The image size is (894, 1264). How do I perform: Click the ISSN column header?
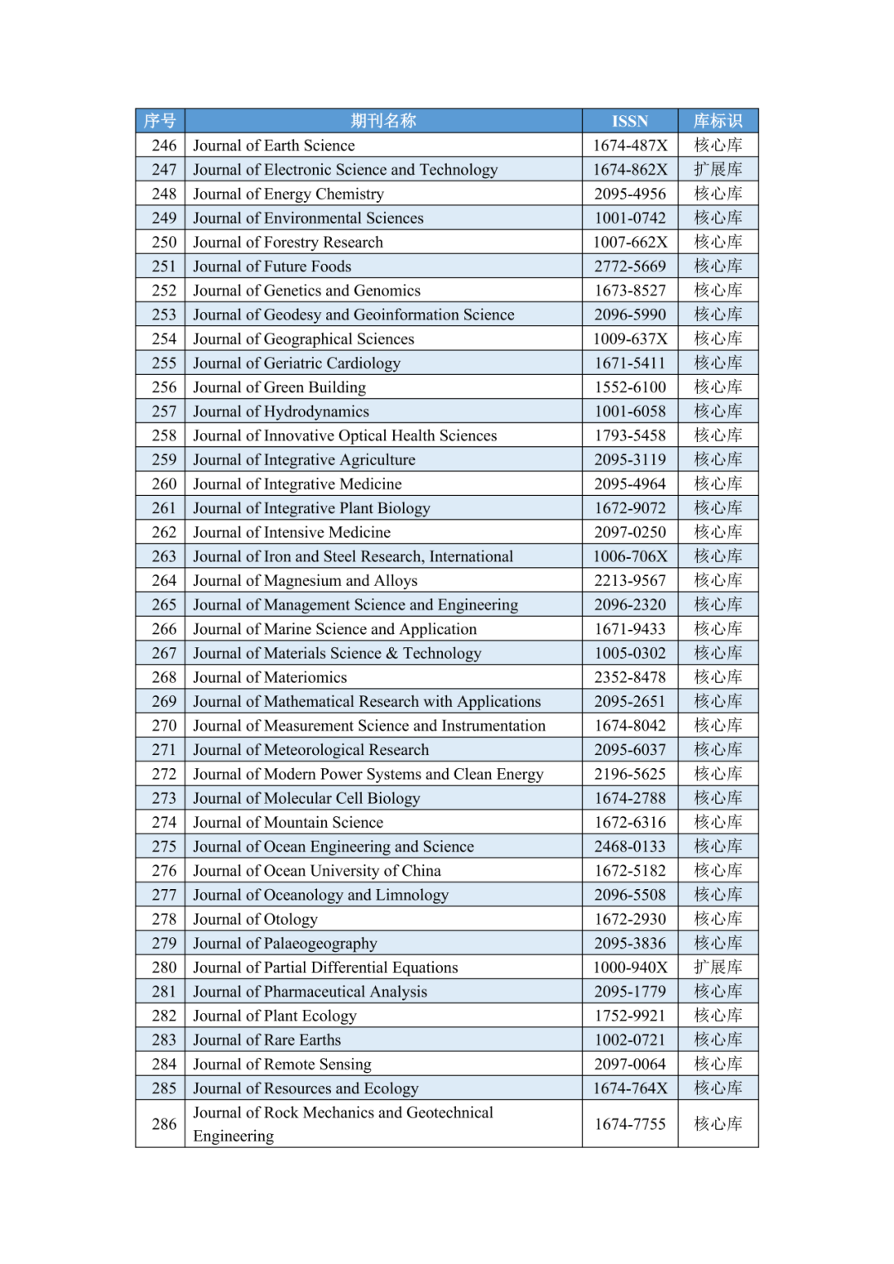coord(630,121)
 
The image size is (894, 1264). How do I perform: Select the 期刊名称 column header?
coord(383,121)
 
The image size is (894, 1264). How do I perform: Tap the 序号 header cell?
coord(160,121)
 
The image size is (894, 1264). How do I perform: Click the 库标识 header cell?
coord(718,121)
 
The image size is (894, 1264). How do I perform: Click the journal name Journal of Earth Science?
coord(274,146)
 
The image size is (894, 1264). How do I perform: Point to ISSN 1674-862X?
coord(630,170)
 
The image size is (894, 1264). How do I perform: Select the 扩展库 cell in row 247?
coord(718,170)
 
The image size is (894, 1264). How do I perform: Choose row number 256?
coord(164,387)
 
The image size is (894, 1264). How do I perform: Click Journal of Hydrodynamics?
coord(281,411)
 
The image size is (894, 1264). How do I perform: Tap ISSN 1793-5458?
coord(630,435)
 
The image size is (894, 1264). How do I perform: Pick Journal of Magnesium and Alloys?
coord(305,580)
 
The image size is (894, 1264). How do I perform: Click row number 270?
coord(164,726)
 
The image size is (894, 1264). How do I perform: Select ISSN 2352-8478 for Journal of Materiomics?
coord(630,677)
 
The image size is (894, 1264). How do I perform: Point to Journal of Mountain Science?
coord(288,822)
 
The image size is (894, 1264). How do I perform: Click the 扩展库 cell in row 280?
coord(718,967)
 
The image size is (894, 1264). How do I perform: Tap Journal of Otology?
coord(255,919)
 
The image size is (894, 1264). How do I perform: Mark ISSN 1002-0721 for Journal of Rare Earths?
coord(630,1040)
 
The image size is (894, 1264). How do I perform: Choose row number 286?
coord(164,1124)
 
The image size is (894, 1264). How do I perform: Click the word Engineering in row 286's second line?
coord(233,1136)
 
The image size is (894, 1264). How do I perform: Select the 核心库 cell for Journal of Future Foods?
coord(718,267)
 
